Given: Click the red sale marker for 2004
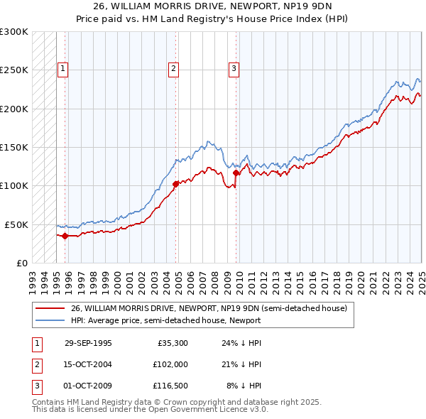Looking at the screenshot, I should pyautogui.click(x=175, y=184).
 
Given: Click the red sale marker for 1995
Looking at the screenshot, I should pyautogui.click(x=65, y=235).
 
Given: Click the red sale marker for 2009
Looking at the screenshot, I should pyautogui.click(x=236, y=173).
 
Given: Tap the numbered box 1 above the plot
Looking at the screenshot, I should pyautogui.click(x=63, y=69).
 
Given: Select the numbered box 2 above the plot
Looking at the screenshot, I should pyautogui.click(x=173, y=69).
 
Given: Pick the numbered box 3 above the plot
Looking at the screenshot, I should pyautogui.click(x=234, y=69).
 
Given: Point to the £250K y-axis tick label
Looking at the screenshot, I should pyautogui.click(x=14, y=70).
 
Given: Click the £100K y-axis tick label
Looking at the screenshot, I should pyautogui.click(x=14, y=185).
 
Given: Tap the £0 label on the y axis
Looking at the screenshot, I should pyautogui.click(x=22, y=263).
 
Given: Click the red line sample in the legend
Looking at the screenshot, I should pyautogui.click(x=50, y=308).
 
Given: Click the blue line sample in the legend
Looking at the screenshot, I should pyautogui.click(x=50, y=320).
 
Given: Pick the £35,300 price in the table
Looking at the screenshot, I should pyautogui.click(x=173, y=342).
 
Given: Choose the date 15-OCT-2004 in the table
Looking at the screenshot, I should pyautogui.click(x=88, y=364).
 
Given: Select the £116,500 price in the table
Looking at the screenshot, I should pyautogui.click(x=171, y=386).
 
